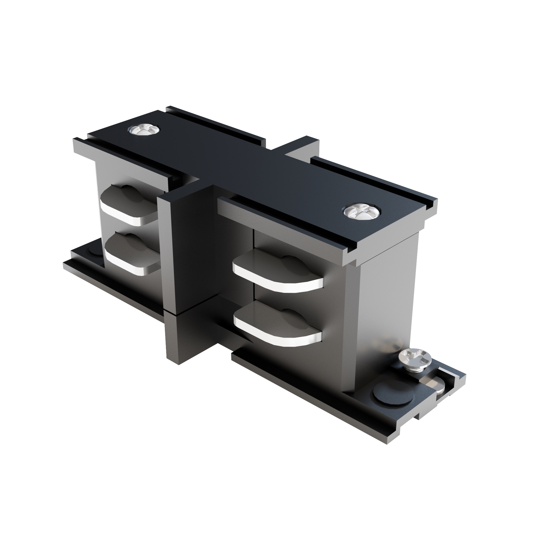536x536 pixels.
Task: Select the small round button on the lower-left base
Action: pyautogui.click(x=94, y=251)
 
